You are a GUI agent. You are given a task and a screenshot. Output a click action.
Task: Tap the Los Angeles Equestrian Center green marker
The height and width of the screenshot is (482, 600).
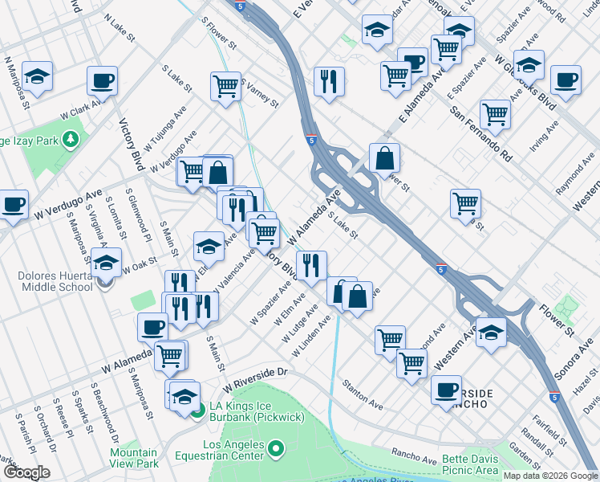pos(277,448)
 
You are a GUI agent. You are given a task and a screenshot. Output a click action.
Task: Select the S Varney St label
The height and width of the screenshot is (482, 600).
pos(258,95)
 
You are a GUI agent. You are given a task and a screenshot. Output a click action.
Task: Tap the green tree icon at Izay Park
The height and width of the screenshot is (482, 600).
pos(71,140)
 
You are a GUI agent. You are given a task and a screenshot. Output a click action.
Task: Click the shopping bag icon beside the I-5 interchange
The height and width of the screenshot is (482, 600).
pos(385,157)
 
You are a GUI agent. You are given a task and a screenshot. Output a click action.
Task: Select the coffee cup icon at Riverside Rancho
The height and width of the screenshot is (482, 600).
pos(446,390)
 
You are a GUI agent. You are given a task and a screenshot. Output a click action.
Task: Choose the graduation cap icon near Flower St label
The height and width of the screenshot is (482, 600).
pos(491,330)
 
